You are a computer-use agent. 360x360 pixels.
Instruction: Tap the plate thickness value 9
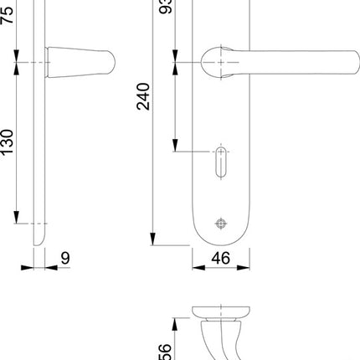click(64, 258)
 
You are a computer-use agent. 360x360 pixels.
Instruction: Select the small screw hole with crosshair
click(220, 223)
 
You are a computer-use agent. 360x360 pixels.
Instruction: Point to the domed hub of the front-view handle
click(219, 61)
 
